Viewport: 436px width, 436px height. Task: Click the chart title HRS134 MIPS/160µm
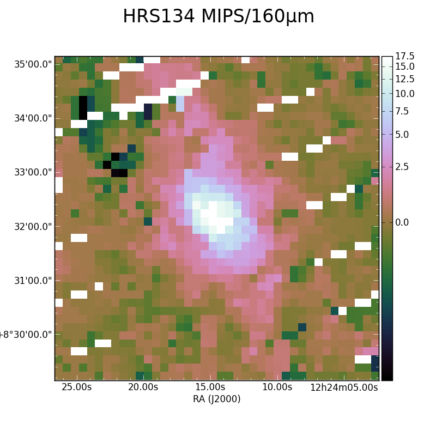point(219,17)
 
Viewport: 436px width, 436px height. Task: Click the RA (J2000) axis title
point(216,399)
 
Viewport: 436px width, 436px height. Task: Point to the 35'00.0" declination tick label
point(33,64)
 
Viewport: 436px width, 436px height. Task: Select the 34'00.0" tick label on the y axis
point(33,118)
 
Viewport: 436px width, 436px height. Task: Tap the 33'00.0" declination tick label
point(33,172)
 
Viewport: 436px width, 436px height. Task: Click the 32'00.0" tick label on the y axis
point(33,227)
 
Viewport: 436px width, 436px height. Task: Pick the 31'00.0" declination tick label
point(33,281)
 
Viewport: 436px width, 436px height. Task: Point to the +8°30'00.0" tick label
point(26,335)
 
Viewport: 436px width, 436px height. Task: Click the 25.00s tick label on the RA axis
point(76,387)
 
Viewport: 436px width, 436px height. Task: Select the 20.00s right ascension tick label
point(143,387)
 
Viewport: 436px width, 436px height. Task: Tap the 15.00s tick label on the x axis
point(210,387)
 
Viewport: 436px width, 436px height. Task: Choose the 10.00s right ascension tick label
point(277,387)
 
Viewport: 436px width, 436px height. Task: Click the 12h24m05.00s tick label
point(344,387)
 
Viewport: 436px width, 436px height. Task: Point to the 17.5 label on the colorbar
point(405,56)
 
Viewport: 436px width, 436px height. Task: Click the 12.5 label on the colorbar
point(405,79)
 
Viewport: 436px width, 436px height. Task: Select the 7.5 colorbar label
point(402,111)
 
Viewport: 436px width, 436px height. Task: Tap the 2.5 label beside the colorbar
point(402,167)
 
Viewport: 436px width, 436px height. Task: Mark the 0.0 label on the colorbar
point(402,222)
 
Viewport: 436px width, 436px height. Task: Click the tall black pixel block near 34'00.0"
point(83,108)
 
